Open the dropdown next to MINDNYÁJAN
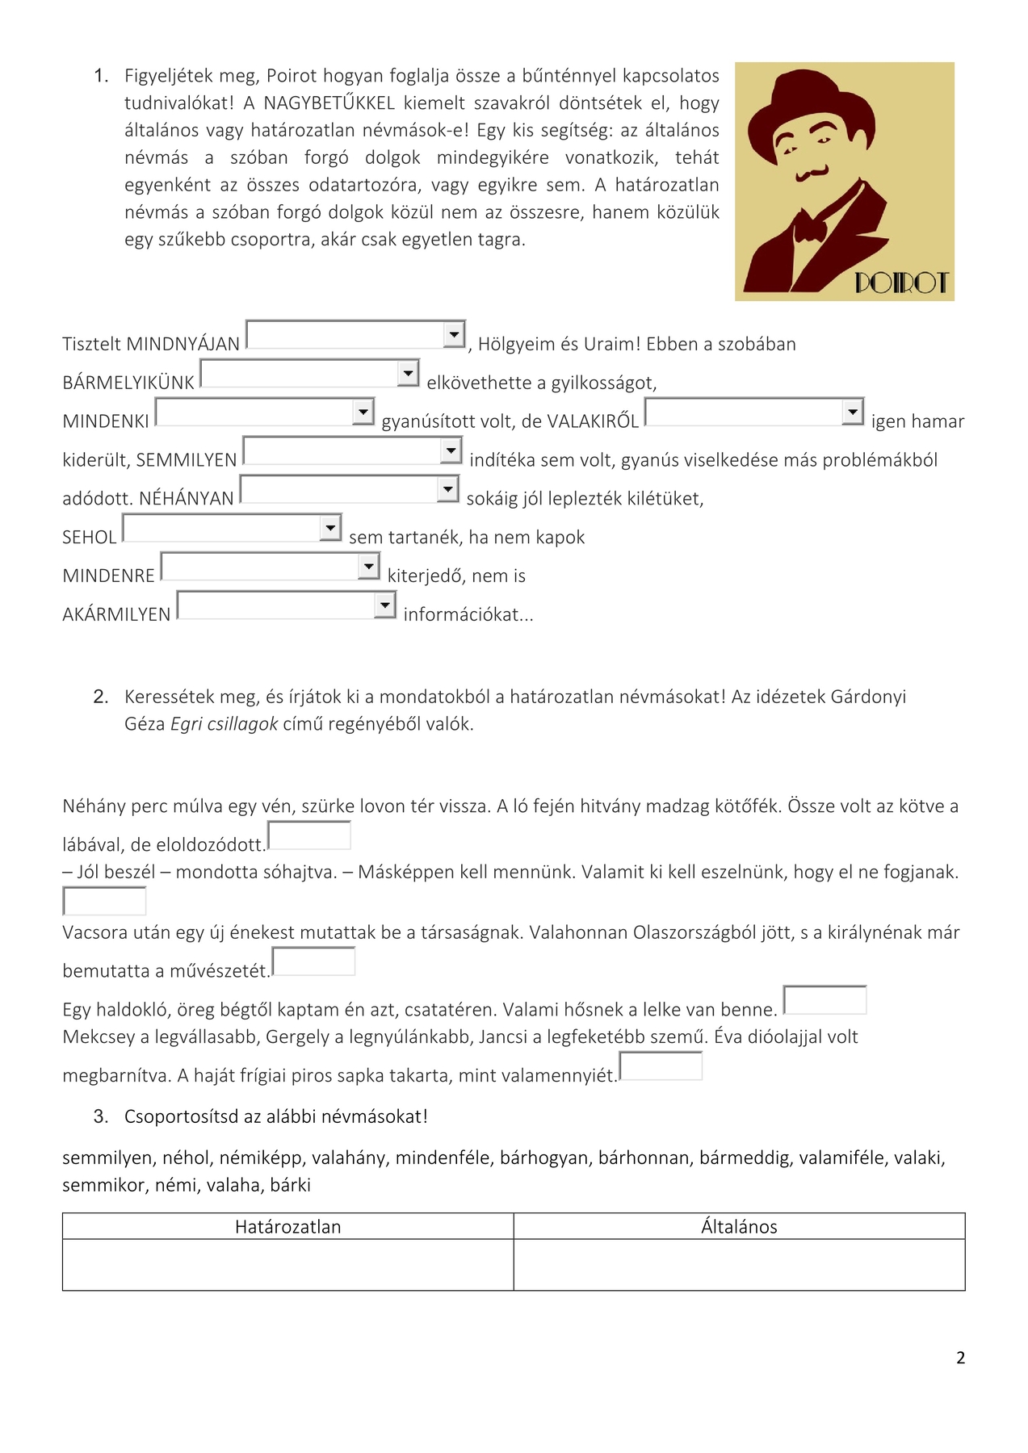pos(455,334)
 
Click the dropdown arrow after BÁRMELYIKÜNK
pos(408,373)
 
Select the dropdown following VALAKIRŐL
pos(853,412)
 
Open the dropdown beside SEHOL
pos(330,528)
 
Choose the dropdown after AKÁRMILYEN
pos(385,605)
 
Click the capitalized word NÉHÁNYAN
pos(187,499)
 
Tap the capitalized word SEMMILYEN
pos(187,460)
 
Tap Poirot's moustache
pos(810,174)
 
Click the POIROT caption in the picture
pos(901,283)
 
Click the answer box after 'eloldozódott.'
pos(309,835)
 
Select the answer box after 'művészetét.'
pos(314,961)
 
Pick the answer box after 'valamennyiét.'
pos(661,1066)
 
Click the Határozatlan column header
pos(287,1227)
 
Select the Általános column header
pos(739,1227)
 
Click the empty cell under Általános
pos(739,1265)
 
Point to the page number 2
pos(960,1358)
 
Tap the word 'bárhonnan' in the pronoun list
pos(644,1158)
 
